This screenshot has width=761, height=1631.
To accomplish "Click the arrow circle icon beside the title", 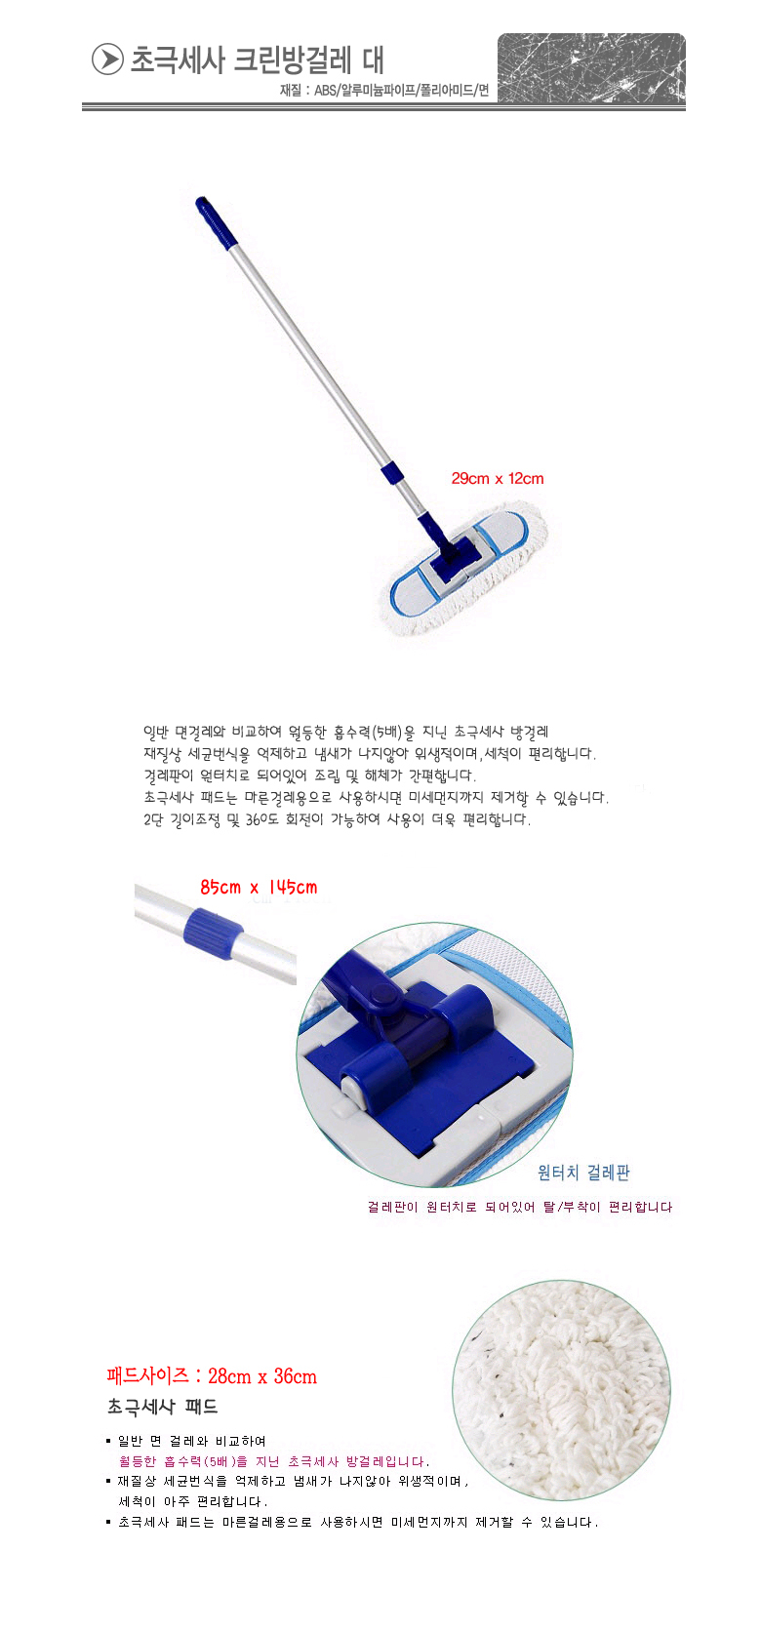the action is pyautogui.click(x=107, y=60).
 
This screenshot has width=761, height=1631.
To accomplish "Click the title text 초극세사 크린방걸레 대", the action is pyautogui.click(x=257, y=60).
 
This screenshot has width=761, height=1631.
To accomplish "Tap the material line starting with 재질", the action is pyautogui.click(x=383, y=91).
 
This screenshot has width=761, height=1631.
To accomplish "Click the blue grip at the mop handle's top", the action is pyautogui.click(x=217, y=219).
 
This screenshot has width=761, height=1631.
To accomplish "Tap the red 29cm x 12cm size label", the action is pyautogui.click(x=498, y=478).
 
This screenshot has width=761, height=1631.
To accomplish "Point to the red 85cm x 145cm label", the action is pyautogui.click(x=259, y=887).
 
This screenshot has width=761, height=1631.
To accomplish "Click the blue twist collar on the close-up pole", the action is pyautogui.click(x=214, y=934).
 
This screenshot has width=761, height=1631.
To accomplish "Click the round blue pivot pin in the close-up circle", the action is pyautogui.click(x=380, y=995).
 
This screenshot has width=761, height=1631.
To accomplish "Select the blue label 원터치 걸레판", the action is pyautogui.click(x=583, y=1173).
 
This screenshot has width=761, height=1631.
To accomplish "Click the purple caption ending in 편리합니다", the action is pyautogui.click(x=520, y=1207).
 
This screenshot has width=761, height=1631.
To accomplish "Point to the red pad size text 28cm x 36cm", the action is pyautogui.click(x=212, y=1375).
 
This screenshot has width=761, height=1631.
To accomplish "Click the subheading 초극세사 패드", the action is pyautogui.click(x=162, y=1406).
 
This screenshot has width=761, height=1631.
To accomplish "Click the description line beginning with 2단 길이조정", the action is pyautogui.click(x=338, y=819).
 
